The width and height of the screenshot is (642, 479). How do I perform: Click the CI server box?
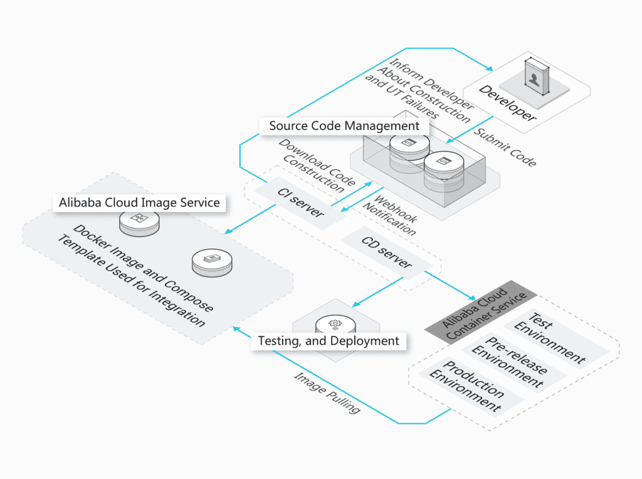300,201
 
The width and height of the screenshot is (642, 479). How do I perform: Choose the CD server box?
387,252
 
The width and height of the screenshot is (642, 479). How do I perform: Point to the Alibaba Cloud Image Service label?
139,202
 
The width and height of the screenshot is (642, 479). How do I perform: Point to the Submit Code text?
505,148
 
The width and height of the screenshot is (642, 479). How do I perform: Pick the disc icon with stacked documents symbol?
213,261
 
